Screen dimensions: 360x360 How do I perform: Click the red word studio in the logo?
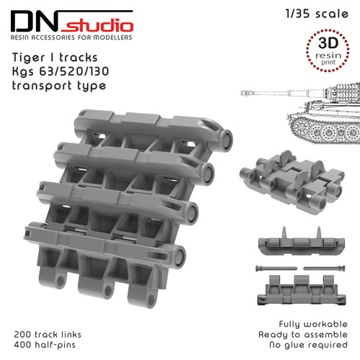tap(97, 25)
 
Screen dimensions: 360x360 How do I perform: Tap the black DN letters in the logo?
tap(35, 21)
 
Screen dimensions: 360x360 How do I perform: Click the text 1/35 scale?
tap(317, 14)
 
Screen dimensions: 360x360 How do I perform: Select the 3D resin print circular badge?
tap(328, 50)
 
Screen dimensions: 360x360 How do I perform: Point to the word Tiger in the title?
tap(29, 58)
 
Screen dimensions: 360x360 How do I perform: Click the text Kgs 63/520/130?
tap(60, 71)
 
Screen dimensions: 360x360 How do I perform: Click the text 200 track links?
tap(48, 334)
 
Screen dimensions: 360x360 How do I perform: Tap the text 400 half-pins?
tap(45, 345)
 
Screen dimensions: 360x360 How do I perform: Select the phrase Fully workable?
tap(313, 324)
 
